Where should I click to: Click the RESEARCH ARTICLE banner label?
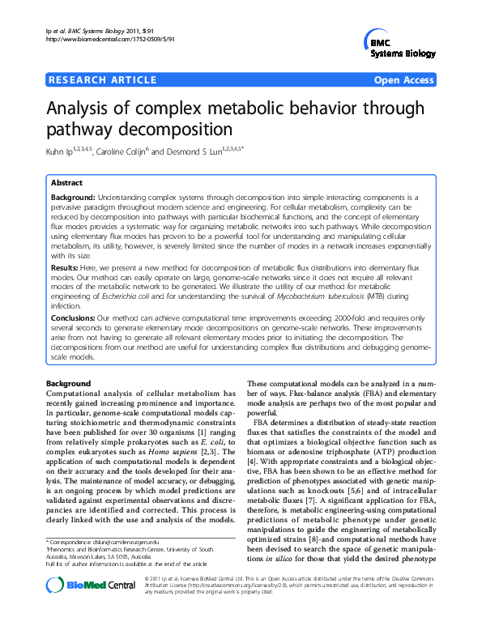pyautogui.click(x=103, y=80)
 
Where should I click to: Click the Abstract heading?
pyautogui.click(x=66, y=183)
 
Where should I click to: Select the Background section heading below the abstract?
pyautogui.click(x=68, y=383)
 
